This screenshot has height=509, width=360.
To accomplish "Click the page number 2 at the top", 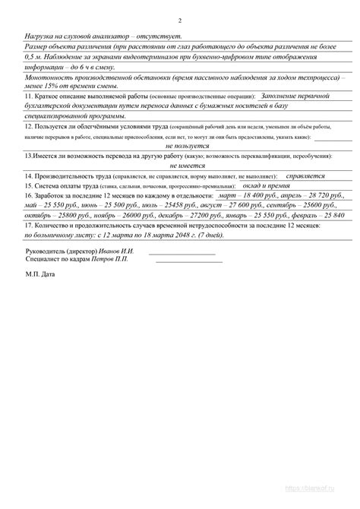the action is pos(180,21).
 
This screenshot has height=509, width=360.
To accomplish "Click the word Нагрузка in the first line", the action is pos(39,36).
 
